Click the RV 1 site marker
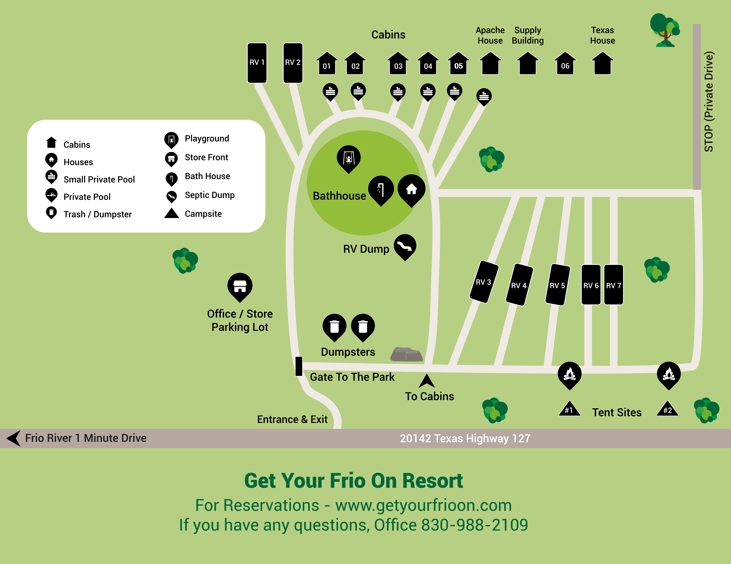pyautogui.click(x=257, y=63)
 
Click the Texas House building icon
pyautogui.click(x=602, y=64)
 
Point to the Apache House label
pyautogui.click(x=490, y=35)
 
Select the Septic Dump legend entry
pyautogui.click(x=210, y=195)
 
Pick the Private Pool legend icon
pyautogui.click(x=51, y=195)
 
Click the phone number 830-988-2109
pyautogui.click(x=474, y=525)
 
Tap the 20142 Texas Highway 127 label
pyautogui.click(x=465, y=438)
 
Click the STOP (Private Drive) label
pyautogui.click(x=709, y=102)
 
